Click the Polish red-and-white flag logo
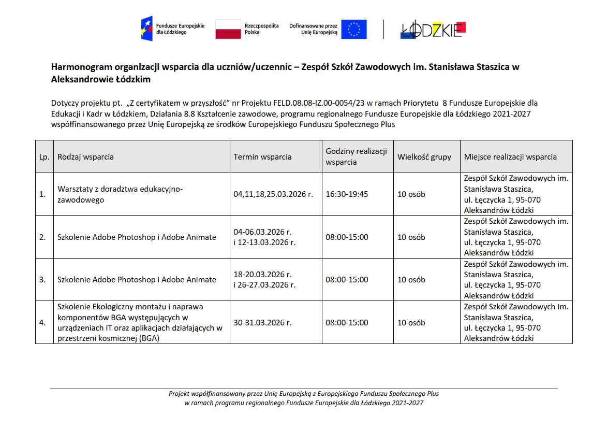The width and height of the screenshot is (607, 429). (x=228, y=29)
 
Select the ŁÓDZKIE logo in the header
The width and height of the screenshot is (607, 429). (x=433, y=30)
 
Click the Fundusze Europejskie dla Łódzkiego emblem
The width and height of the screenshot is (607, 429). (x=147, y=28)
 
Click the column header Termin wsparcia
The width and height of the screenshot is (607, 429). (x=262, y=157)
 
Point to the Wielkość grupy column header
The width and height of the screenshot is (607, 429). (x=424, y=157)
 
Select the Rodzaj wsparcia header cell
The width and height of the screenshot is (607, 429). (x=86, y=157)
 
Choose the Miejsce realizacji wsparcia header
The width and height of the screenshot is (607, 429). (x=510, y=157)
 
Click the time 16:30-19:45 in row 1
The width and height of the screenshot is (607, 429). (x=347, y=194)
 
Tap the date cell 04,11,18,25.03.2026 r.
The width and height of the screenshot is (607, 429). (x=273, y=194)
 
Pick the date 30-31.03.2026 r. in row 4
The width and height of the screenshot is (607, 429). (x=262, y=322)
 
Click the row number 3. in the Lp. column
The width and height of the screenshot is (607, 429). (x=42, y=280)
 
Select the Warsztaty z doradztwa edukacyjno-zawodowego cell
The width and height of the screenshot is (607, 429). (x=120, y=194)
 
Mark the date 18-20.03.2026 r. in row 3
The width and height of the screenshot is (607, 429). (x=262, y=275)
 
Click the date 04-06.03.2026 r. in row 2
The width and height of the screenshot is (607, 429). (x=262, y=232)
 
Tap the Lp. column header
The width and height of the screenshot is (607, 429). (x=44, y=157)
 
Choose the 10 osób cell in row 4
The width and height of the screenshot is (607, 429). (x=411, y=322)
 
